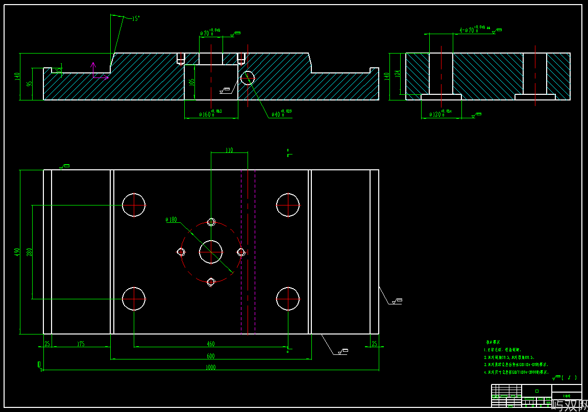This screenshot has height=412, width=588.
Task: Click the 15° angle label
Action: pos(136,19)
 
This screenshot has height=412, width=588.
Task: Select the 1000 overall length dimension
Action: pos(210,367)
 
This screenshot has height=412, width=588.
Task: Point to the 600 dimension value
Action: pos(210,356)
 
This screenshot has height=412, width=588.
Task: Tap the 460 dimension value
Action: pos(210,344)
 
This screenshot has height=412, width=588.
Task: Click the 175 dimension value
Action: pos(81,344)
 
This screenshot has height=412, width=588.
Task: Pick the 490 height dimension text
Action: pos(17,252)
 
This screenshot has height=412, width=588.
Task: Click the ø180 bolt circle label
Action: pos(171,220)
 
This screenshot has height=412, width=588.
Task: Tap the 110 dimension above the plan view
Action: pos(229,150)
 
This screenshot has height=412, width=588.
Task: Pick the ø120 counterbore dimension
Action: pos(440,115)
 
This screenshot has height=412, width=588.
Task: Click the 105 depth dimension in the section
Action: pos(192,82)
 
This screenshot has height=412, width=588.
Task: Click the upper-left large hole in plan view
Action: pos(134,205)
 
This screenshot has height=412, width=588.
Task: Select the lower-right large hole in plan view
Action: pos(288,299)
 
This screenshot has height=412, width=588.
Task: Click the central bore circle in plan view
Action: pos(211,252)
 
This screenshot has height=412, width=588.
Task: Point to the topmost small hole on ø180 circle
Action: pos(211,222)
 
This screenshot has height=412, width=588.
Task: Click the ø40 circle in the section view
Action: pos(248,78)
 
